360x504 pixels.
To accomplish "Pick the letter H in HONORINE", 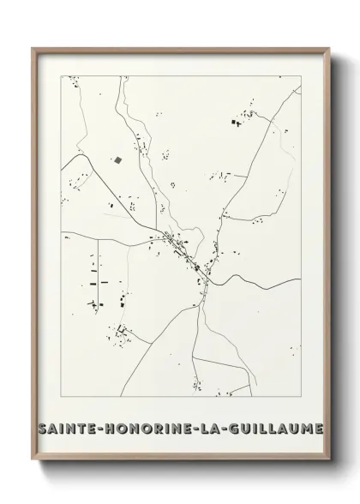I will click(105, 428).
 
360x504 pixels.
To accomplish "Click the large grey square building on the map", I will click(117, 159).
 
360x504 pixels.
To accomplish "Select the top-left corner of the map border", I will click(60, 75).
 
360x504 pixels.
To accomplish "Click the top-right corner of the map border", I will click(301, 75).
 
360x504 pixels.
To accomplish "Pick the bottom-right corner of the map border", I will click(301, 396).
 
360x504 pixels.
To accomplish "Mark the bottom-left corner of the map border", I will click(60, 396).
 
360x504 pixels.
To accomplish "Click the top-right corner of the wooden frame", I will click(328, 47).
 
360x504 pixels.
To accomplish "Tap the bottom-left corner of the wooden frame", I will click(32, 456).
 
